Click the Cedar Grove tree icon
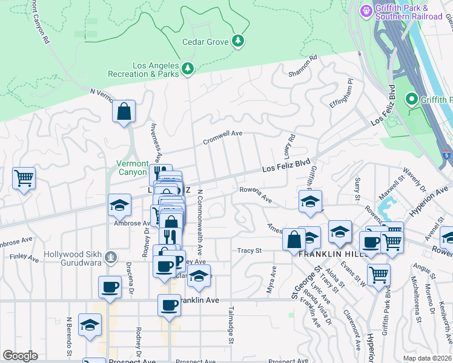[239, 41]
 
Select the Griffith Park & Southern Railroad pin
[366, 11]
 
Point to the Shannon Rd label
[303, 67]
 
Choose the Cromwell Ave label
[222, 133]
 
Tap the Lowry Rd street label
[290, 146]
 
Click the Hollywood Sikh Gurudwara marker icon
[110, 258]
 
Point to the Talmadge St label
[231, 326]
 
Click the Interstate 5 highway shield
[446, 155]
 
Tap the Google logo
[20, 355]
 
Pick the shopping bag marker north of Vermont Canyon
[124, 112]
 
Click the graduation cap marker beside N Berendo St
[90, 325]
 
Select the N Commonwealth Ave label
[200, 221]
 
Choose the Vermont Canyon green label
[132, 168]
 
